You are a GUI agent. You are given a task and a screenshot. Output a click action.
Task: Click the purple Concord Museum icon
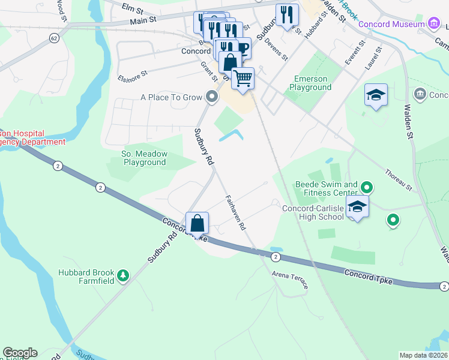(434, 23)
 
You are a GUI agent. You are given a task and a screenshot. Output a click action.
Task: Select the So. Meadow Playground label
(144, 158)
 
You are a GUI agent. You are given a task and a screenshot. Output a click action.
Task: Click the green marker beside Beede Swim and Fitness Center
(369, 188)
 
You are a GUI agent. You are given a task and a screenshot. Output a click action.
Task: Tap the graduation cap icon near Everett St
(376, 95)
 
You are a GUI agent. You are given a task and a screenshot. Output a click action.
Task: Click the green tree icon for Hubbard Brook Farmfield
(123, 275)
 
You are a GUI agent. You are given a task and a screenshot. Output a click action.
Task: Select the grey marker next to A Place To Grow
(211, 97)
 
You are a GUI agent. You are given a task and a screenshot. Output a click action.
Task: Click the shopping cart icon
(243, 78)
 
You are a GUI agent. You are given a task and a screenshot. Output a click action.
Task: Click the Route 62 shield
(55, 37)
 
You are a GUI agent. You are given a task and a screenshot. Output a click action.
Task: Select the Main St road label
(143, 20)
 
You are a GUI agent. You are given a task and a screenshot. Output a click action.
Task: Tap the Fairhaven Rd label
(236, 212)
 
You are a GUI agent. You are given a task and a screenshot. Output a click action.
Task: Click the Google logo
(20, 353)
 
